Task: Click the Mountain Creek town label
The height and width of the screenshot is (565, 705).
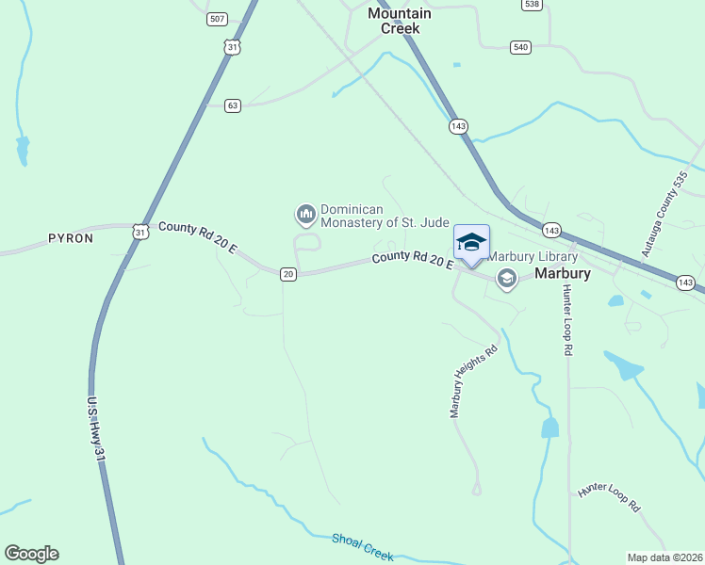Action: (400, 21)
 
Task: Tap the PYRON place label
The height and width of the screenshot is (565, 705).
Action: (71, 238)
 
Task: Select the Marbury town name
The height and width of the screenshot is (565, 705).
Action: (562, 274)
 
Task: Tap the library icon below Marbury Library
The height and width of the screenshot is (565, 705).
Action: (507, 278)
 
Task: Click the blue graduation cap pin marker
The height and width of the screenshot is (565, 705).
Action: (471, 243)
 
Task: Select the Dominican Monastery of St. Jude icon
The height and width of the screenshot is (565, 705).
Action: (305, 216)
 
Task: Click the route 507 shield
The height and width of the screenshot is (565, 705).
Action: (218, 19)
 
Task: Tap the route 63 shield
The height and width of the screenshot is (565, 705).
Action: (233, 105)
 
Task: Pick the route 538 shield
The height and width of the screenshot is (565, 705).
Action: (532, 4)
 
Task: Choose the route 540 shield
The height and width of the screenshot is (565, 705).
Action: (520, 46)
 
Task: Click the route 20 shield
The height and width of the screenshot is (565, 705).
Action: (288, 273)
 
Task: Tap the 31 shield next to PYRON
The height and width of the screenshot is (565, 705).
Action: (140, 231)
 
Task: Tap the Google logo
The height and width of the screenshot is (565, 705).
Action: (31, 554)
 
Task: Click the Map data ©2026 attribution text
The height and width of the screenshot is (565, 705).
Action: (664, 557)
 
